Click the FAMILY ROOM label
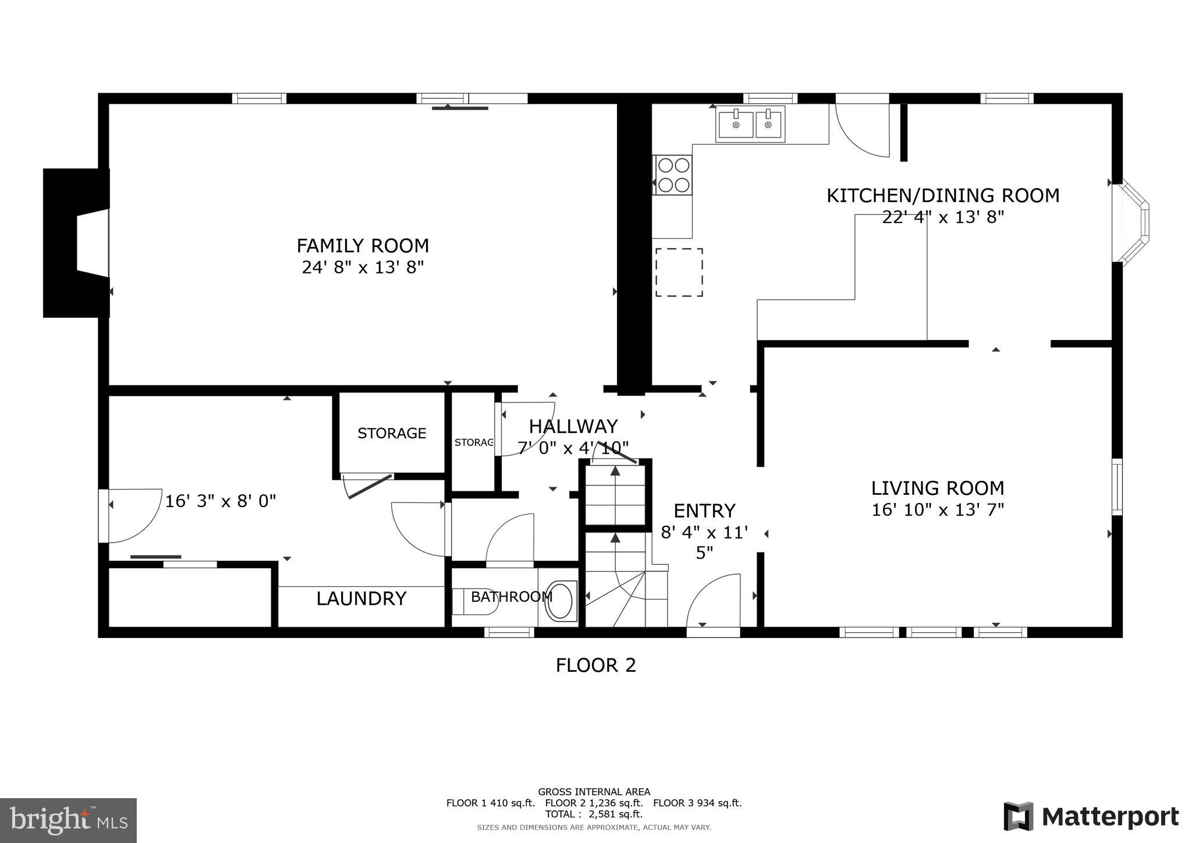click(x=363, y=246)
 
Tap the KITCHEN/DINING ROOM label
click(x=943, y=196)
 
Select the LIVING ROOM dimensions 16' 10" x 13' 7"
click(x=938, y=510)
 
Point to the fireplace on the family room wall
click(x=76, y=243)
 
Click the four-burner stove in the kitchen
click(x=673, y=175)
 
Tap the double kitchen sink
click(x=750, y=124)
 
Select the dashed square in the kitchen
click(x=679, y=272)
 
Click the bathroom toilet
click(x=475, y=601)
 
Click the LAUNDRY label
click(x=361, y=598)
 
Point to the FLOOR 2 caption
click(x=596, y=665)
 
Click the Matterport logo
click(x=1091, y=816)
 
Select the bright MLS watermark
click(x=69, y=820)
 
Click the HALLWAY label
click(x=573, y=427)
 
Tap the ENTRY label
click(x=704, y=511)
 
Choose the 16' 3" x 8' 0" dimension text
click(x=221, y=501)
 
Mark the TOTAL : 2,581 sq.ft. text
click(x=594, y=814)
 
